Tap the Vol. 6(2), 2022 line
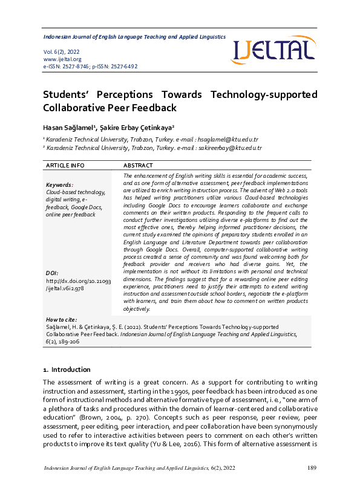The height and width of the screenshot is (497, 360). pyautogui.click(x=61, y=52)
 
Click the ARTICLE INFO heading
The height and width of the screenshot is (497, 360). pyautogui.click(x=65, y=165)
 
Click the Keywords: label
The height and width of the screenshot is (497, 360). pyautogui.click(x=59, y=185)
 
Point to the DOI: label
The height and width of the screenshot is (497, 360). pyautogui.click(x=53, y=273)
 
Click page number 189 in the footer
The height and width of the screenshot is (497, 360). pyautogui.click(x=312, y=469)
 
